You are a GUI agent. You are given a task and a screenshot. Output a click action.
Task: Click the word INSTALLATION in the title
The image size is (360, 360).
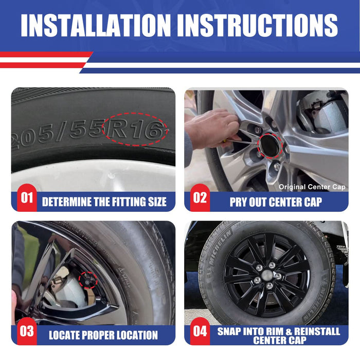pyautogui.click(x=96, y=25)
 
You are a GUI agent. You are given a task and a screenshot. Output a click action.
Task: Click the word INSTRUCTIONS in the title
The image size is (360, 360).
pyautogui.click(x=258, y=25)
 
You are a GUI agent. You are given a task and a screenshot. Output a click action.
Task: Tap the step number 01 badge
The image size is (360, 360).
pyautogui.click(x=27, y=197)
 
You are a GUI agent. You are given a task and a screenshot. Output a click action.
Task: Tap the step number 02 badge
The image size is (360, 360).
pyautogui.click(x=200, y=197)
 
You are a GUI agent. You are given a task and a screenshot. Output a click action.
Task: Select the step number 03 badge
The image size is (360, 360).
pyautogui.click(x=27, y=331)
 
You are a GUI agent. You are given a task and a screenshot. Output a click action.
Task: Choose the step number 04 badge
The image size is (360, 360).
pyautogui.click(x=200, y=331)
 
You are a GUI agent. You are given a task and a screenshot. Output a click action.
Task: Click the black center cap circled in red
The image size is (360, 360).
pyautogui.click(x=270, y=146)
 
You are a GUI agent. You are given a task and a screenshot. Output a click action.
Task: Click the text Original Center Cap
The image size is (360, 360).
pyautogui.click(x=312, y=187)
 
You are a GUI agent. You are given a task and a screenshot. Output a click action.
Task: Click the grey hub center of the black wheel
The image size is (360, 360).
pyautogui.click(x=267, y=274)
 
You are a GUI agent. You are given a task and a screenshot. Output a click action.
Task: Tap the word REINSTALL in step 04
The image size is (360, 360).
pyautogui.click(x=317, y=331)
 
